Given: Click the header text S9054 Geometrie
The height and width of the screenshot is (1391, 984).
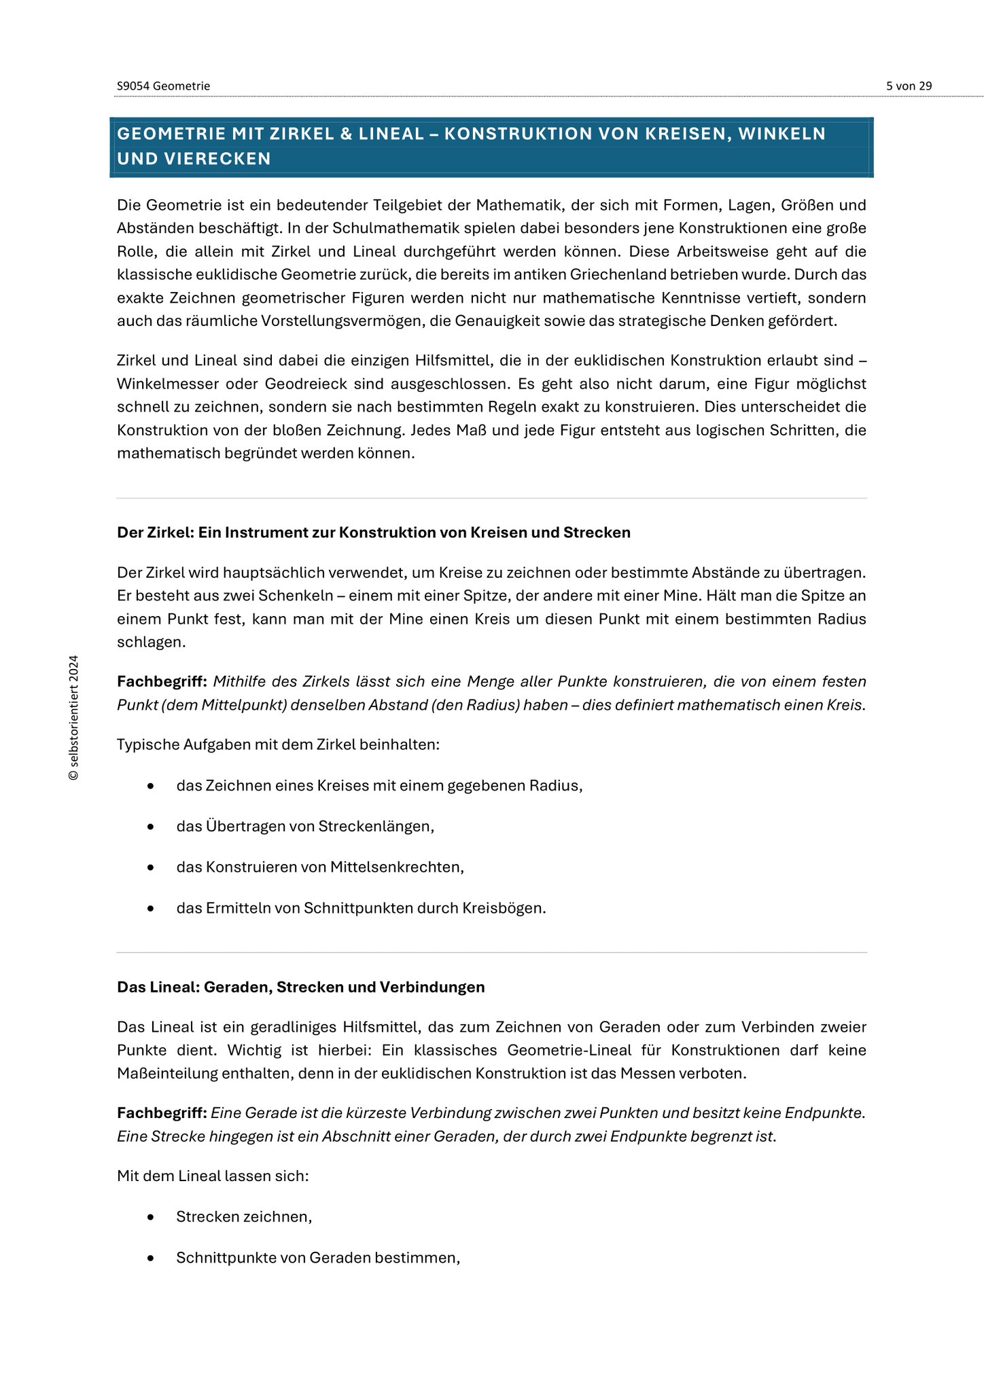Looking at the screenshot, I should (163, 86).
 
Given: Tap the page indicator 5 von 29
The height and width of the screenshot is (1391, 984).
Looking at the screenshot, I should (909, 86).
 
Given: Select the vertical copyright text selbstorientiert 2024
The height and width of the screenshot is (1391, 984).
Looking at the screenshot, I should (73, 718).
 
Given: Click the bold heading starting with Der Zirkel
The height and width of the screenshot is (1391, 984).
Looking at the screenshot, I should (373, 532).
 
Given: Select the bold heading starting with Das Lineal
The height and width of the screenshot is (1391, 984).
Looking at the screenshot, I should (300, 987).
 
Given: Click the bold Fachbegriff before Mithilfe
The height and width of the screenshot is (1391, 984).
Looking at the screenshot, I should (162, 682).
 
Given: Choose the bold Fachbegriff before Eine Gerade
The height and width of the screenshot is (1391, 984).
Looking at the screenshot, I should (162, 1113).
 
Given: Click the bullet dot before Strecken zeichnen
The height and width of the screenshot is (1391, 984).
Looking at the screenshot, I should (151, 1217).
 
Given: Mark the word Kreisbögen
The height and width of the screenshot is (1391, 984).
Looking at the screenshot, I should (503, 908).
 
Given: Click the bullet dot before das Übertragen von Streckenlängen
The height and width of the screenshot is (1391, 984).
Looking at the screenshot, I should (151, 827).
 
